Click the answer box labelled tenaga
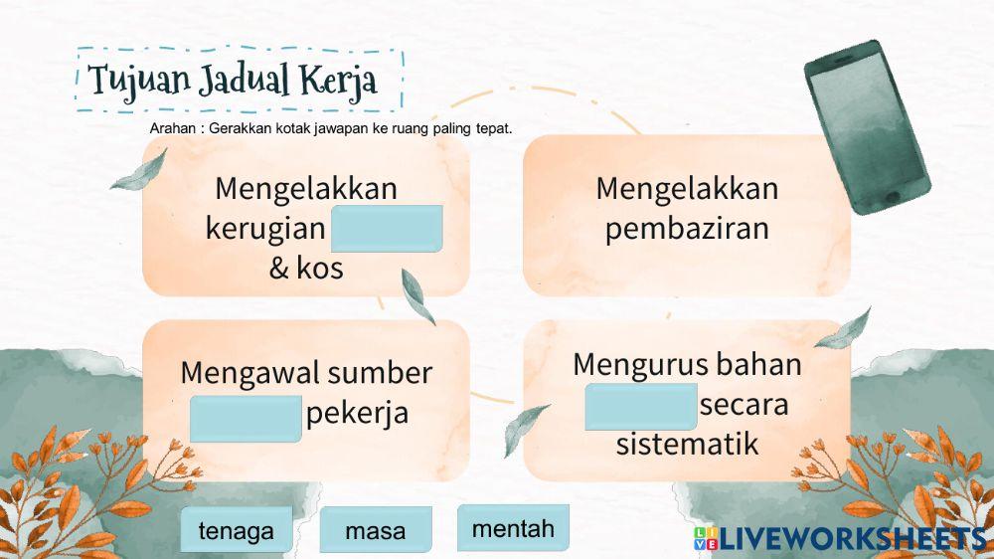coord(236,530)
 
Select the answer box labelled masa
coord(376,530)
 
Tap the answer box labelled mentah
coord(513,527)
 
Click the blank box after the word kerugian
coord(387,229)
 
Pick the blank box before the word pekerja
coord(246,418)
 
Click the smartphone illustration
coord(867,126)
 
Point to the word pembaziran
coord(687,228)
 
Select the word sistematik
coord(687,444)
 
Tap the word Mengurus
coord(633,364)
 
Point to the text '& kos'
coord(306,268)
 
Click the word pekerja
coord(357,413)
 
